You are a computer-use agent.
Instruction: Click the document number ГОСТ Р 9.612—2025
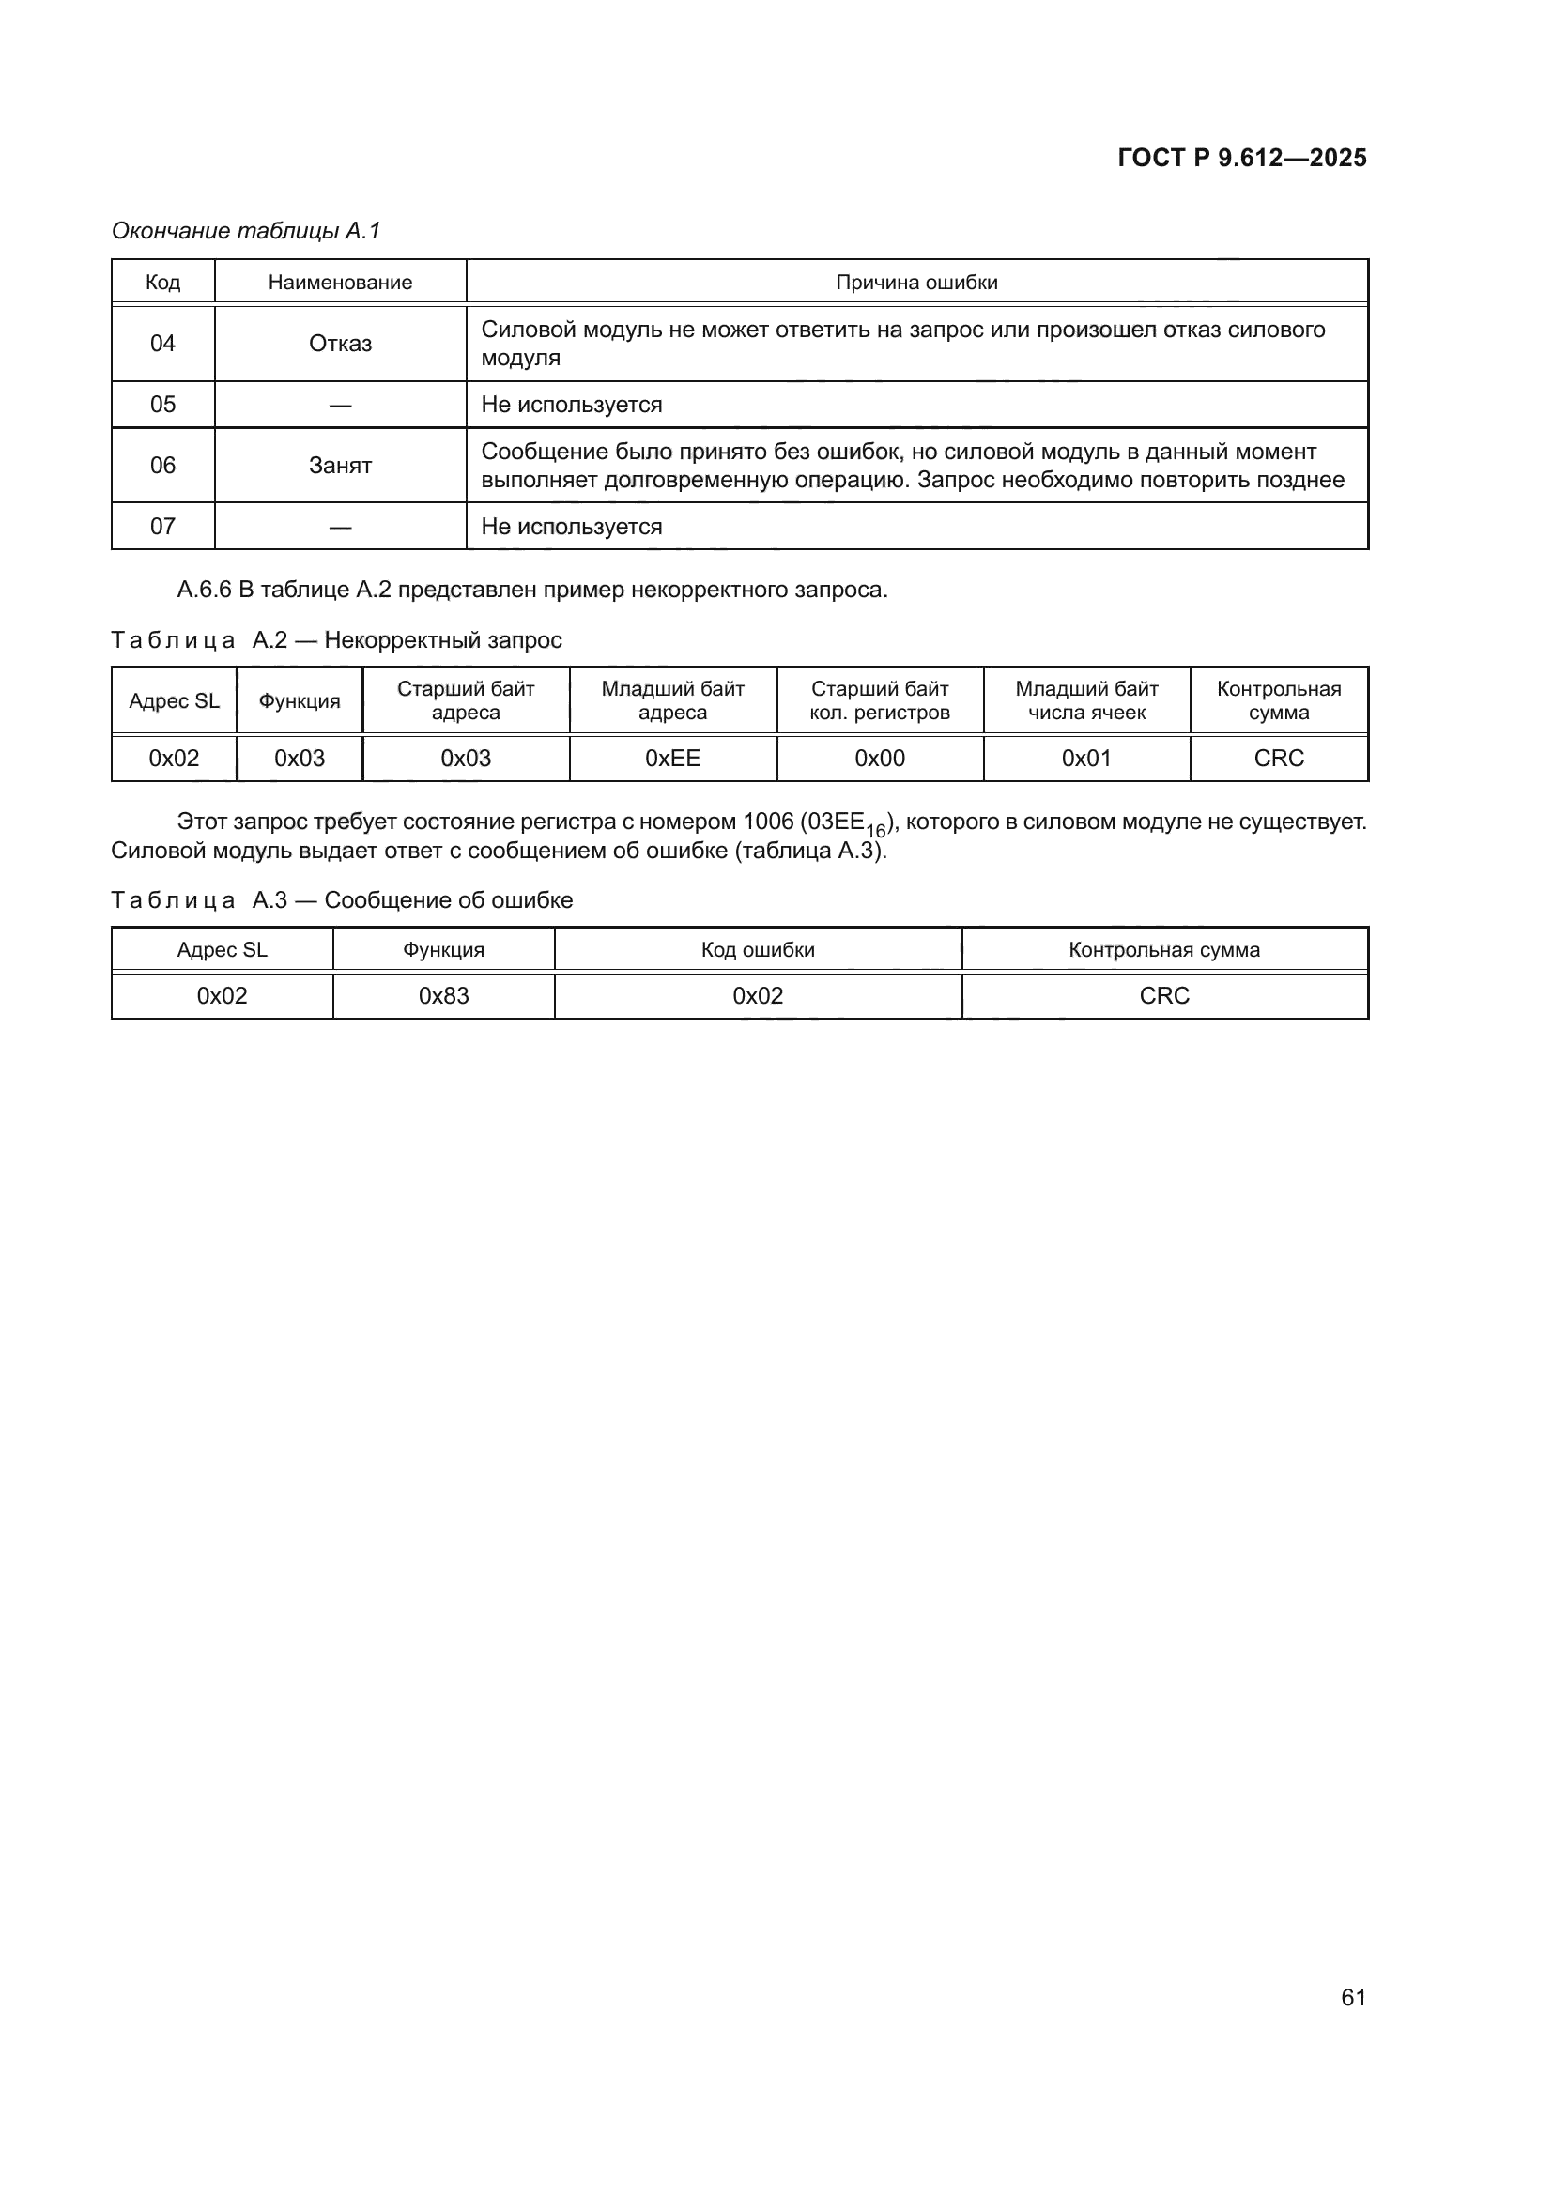tap(1241, 158)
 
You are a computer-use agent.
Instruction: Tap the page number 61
tap(1353, 1997)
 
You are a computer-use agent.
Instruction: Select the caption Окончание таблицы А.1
tap(246, 231)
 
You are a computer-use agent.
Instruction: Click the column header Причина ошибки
tap(916, 283)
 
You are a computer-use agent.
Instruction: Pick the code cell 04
tap(162, 344)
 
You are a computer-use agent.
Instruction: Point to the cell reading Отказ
tap(340, 344)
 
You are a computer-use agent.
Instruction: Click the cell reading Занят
tap(340, 466)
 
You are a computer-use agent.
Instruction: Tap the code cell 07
tap(162, 526)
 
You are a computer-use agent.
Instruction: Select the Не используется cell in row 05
tap(571, 405)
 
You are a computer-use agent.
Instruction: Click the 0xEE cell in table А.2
tap(672, 759)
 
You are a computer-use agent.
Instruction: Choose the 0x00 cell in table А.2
tap(879, 759)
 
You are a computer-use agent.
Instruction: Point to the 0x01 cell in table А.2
tap(1086, 759)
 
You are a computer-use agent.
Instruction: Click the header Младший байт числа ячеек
tap(1086, 700)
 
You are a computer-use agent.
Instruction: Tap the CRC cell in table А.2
tap(1279, 759)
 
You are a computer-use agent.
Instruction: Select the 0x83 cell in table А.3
tap(444, 995)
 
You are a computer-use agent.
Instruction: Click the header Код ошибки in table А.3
tap(758, 950)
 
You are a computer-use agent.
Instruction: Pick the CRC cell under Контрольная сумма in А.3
tap(1163, 995)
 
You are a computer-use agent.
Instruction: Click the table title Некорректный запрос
tap(443, 640)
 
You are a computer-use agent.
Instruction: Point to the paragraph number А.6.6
tap(204, 590)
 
